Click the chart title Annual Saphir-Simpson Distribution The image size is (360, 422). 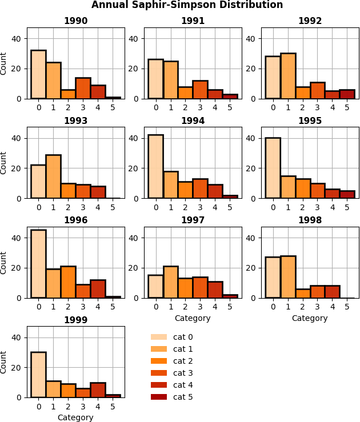point(187,5)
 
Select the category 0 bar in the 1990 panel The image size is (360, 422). point(38,74)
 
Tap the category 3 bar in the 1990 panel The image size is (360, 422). point(83,88)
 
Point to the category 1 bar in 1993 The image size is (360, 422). point(53,176)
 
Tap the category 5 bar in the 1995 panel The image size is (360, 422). point(347,195)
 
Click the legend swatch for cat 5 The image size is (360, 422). point(159,397)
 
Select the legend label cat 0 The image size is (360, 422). point(183,337)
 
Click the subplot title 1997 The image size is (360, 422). point(193,220)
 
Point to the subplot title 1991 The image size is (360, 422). point(193,21)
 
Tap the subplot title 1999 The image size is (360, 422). point(75,320)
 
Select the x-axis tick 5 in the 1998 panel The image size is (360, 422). point(347,307)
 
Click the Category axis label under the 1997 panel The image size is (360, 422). point(193,318)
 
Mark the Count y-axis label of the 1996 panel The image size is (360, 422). point(4,262)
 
